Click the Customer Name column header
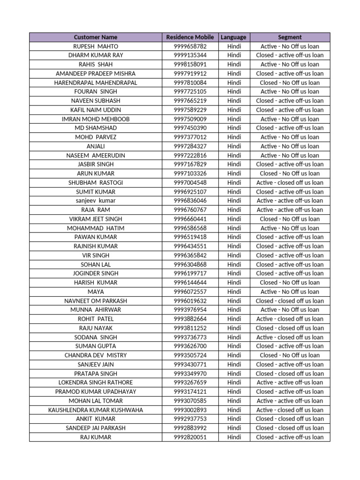click(96, 37)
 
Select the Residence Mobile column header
click(190, 37)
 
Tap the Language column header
click(233, 37)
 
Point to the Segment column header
click(290, 37)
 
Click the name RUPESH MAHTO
click(96, 46)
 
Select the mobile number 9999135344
click(190, 55)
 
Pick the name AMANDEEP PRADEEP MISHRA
click(96, 74)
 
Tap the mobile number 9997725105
click(190, 91)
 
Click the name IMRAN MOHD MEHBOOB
click(96, 119)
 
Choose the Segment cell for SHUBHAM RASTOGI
click(290, 182)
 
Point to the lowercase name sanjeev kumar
click(96, 201)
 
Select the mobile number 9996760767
click(190, 210)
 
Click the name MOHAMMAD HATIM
click(96, 228)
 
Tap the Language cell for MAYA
click(234, 292)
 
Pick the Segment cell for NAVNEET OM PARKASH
click(290, 301)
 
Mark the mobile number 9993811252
click(190, 328)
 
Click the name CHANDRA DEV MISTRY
click(96, 355)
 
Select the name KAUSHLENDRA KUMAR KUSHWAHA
click(96, 410)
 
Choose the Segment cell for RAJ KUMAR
click(290, 437)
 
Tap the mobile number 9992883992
click(190, 428)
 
